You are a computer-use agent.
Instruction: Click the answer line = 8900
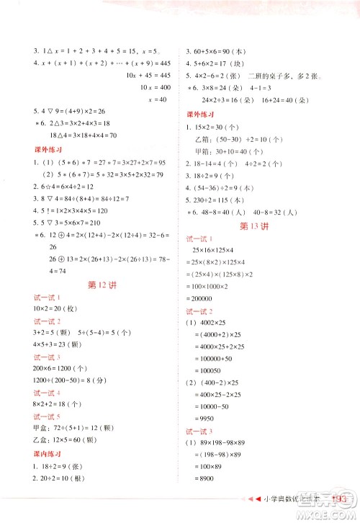[x=210, y=480]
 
